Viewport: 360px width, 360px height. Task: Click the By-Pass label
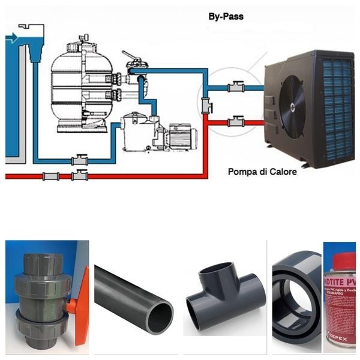225,16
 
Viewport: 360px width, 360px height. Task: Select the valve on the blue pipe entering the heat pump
235,88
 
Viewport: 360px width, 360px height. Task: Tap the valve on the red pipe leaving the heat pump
235,122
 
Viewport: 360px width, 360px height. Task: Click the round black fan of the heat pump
292,106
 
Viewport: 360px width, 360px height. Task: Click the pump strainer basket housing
136,133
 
